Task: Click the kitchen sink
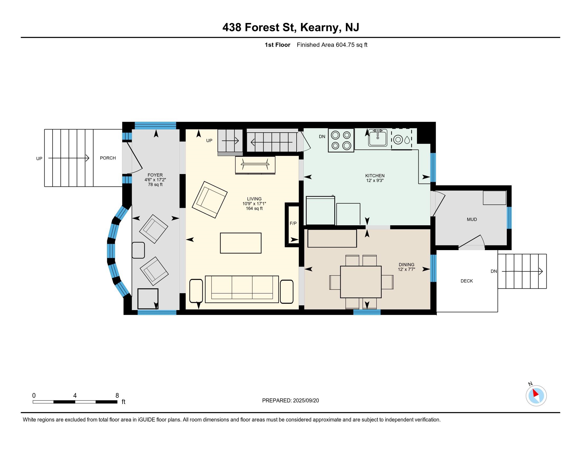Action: point(377,138)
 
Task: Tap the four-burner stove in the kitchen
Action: point(341,140)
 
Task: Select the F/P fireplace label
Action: point(293,223)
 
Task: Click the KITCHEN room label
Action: point(375,176)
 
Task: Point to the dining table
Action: point(361,282)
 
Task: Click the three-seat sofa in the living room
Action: point(242,289)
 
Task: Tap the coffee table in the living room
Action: point(241,243)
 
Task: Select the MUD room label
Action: point(472,219)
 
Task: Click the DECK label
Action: point(467,281)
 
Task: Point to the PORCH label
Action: point(108,158)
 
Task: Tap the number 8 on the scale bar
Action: point(117,396)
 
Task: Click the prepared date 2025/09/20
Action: point(306,401)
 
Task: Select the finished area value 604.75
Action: point(345,45)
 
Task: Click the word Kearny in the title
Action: point(320,27)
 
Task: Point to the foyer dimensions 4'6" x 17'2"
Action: point(155,180)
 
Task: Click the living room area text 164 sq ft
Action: point(254,208)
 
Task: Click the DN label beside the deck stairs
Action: point(494,271)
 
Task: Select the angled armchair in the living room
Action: point(210,200)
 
